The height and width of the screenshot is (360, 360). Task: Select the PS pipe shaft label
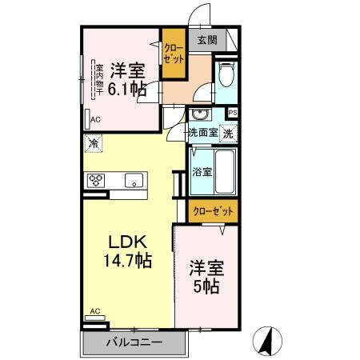pos(233,113)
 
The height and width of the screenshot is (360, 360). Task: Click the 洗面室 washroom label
pos(202,133)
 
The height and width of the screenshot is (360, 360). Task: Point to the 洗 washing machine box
pos(229,133)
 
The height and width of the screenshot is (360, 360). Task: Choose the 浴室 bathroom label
pos(202,171)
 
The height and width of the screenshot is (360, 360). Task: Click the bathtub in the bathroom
pos(225,170)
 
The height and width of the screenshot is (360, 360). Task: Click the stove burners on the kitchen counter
pos(97,179)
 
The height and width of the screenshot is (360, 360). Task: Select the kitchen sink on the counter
pos(133,179)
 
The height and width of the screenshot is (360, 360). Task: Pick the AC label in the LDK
pos(94,311)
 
